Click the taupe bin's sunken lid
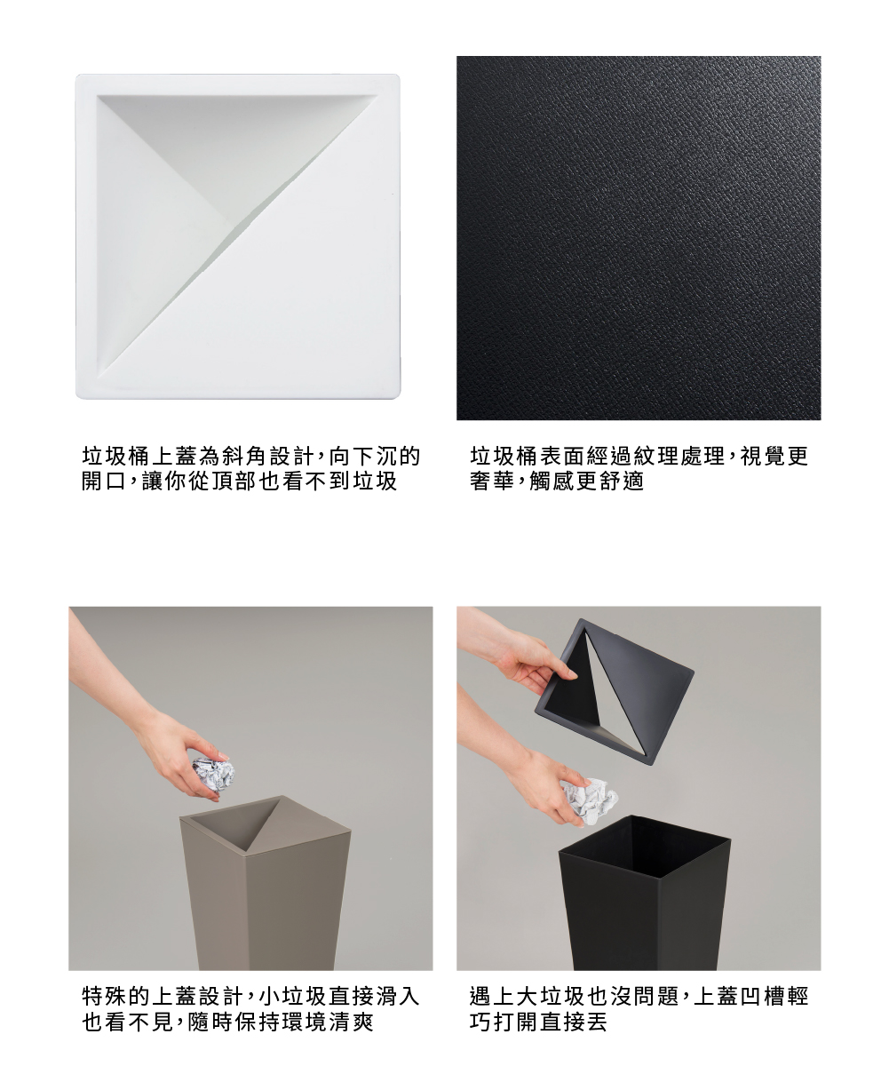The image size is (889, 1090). [x=265, y=822]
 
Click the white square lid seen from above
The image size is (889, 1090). [x=238, y=236]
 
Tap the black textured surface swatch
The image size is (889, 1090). [x=639, y=238]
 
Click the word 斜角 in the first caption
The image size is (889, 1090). [x=243, y=457]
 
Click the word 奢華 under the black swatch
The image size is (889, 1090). [x=492, y=481]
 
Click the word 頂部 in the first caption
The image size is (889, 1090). [x=234, y=481]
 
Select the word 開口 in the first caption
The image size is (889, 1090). [x=105, y=481]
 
